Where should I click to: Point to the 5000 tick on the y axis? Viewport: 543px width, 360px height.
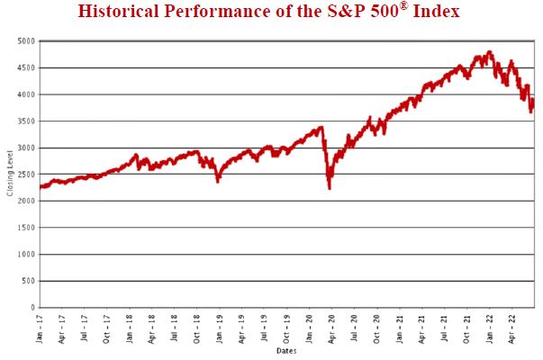pyautogui.click(x=25, y=41)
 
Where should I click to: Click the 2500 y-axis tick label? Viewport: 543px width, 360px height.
pyautogui.click(x=25, y=175)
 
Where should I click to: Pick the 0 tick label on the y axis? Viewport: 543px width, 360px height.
pyautogui.click(x=31, y=308)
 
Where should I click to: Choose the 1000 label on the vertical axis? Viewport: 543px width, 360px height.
pyautogui.click(x=25, y=255)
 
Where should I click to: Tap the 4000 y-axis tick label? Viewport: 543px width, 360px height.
pyautogui.click(x=25, y=94)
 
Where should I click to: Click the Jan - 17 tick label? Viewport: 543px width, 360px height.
pyautogui.click(x=41, y=328)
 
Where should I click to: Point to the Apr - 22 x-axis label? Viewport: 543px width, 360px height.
pyautogui.click(x=511, y=328)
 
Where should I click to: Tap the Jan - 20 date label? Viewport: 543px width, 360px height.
pyautogui.click(x=309, y=328)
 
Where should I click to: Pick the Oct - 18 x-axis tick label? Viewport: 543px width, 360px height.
pyautogui.click(x=197, y=328)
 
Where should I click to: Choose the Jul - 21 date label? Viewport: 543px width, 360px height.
pyautogui.click(x=444, y=328)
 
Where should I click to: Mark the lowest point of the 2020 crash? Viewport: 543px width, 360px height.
pyautogui.click(x=330, y=188)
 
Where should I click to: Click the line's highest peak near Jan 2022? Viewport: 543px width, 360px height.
pyautogui.click(x=489, y=52)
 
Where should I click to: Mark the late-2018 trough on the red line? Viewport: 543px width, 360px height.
pyautogui.click(x=217, y=181)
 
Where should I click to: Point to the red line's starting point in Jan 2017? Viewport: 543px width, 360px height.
pyautogui.click(x=41, y=187)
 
